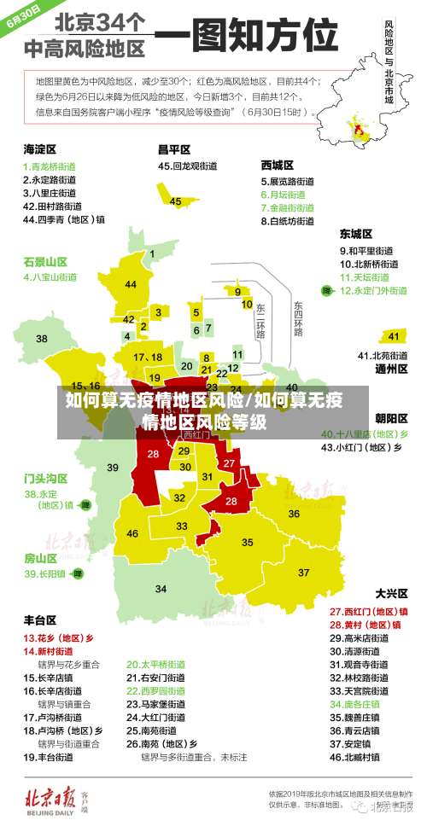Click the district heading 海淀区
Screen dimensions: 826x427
click(39, 148)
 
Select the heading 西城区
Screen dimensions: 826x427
click(278, 164)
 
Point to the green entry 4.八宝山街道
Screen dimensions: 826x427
click(50, 277)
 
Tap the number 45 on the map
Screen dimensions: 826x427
click(176, 201)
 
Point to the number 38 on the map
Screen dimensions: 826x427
click(42, 340)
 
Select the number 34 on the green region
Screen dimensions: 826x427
click(161, 589)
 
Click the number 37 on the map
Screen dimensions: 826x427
click(303, 572)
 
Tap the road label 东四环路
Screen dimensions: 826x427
click(298, 317)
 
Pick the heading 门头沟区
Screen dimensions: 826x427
click(45, 478)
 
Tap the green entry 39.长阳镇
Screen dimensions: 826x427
click(44, 574)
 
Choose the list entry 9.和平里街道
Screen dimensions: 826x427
click(366, 251)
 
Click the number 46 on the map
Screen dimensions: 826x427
click(132, 533)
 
